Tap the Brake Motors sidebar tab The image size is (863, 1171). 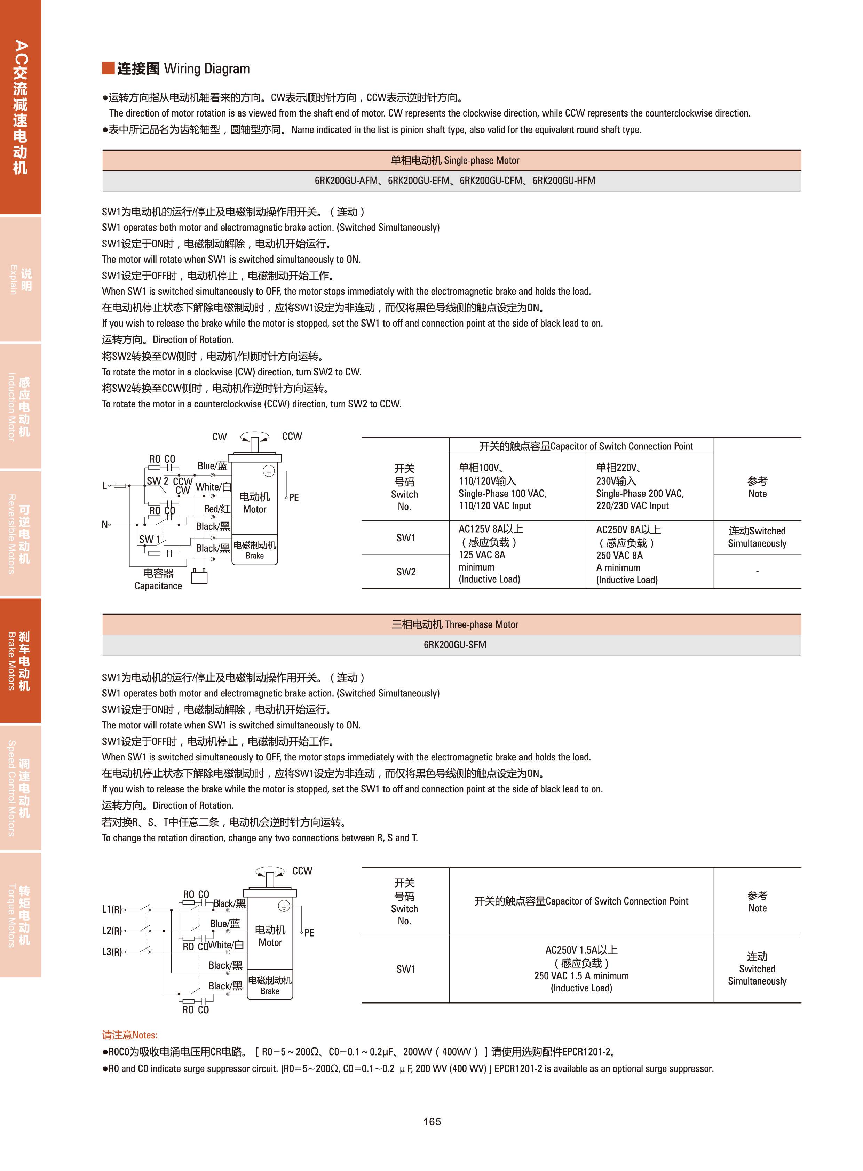coord(20,660)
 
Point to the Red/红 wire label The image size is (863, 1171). coord(217,509)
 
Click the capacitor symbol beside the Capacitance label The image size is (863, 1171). coord(199,577)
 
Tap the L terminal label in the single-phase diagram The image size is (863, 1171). coord(104,486)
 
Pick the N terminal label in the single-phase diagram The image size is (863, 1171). coord(104,524)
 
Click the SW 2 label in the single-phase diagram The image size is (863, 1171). coord(158,480)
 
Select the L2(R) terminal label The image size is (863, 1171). coord(112,930)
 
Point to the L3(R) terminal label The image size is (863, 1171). coord(112,951)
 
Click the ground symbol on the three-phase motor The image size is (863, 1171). coord(284,906)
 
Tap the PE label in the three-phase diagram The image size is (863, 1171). coord(309,932)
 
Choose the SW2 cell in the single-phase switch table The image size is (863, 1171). coord(405,571)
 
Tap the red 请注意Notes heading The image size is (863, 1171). coord(129,1035)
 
